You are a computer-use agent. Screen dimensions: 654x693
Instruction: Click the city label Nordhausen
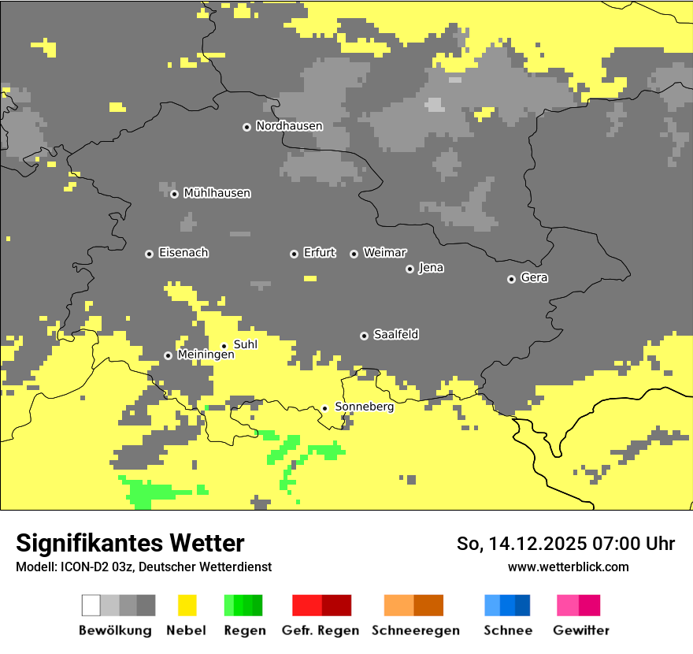(x=289, y=126)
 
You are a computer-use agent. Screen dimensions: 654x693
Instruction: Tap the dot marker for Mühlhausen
(x=174, y=194)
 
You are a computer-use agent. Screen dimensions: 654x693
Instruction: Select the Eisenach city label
(x=183, y=253)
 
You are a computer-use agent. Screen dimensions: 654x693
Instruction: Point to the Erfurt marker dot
(x=294, y=254)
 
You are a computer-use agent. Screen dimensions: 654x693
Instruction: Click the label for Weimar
(x=384, y=253)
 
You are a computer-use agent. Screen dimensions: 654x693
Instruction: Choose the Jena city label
(x=431, y=268)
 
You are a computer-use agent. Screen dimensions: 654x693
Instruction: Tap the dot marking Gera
(x=511, y=279)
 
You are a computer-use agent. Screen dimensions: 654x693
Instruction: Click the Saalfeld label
(x=395, y=335)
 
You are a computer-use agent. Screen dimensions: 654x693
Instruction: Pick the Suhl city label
(x=245, y=344)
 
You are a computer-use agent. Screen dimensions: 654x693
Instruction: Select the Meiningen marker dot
(x=168, y=355)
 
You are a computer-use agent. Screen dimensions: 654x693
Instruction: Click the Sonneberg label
(x=364, y=407)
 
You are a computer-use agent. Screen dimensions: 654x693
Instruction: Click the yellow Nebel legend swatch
(x=187, y=605)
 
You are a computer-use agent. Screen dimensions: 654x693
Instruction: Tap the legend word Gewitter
(x=581, y=630)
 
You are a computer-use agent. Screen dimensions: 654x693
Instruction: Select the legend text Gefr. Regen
(x=321, y=630)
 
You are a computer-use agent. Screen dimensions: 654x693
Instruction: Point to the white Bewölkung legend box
(x=91, y=605)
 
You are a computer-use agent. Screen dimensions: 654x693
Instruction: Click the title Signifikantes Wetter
(x=130, y=543)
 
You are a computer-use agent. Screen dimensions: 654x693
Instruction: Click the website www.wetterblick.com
(x=569, y=567)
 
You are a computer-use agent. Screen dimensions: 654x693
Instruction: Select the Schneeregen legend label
(x=416, y=630)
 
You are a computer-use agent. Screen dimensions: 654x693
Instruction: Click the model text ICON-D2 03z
(x=96, y=567)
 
